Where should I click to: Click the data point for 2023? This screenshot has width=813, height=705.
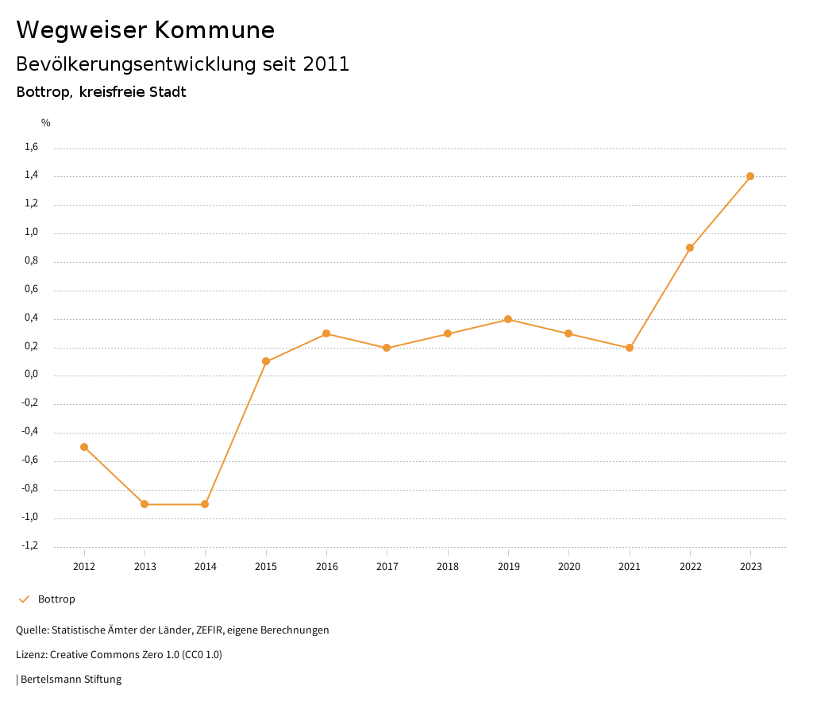[x=750, y=176]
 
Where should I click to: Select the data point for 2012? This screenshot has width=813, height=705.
[x=84, y=447]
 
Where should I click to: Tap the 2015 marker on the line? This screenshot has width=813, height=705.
[x=266, y=362]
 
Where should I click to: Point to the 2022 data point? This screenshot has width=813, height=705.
[x=690, y=248]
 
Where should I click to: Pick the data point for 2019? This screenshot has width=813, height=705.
[x=508, y=319]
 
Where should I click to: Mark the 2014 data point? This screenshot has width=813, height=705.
[x=205, y=504]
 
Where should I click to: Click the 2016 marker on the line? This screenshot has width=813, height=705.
[x=326, y=333]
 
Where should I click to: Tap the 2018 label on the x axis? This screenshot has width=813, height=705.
[x=448, y=567]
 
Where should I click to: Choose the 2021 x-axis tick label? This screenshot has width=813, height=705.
[x=630, y=567]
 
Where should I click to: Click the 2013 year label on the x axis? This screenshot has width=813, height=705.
[x=144, y=567]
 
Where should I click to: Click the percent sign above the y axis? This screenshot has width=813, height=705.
[x=46, y=123]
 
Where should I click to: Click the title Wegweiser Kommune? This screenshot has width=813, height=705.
[x=145, y=30]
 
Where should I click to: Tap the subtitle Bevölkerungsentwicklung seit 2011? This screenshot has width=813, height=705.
[x=183, y=64]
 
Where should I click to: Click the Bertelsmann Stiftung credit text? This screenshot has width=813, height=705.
[x=71, y=680]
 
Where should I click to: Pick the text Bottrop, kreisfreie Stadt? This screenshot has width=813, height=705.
[x=101, y=92]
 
